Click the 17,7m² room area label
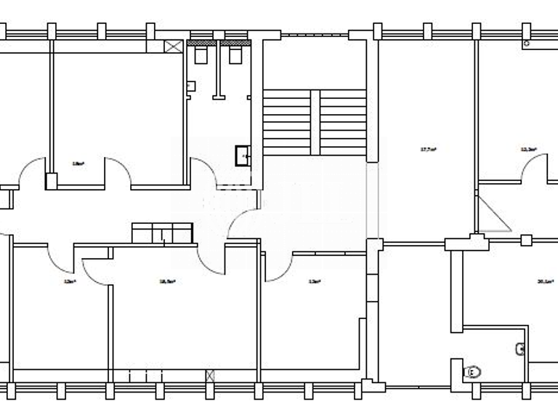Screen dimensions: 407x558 click(x=428, y=150)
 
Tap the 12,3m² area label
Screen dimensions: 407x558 click(x=528, y=150)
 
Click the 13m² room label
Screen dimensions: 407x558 click(x=314, y=281)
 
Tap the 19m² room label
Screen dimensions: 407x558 click(x=78, y=164)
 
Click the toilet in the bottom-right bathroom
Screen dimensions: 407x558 click(x=473, y=372)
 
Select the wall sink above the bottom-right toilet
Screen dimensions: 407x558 click(x=520, y=350)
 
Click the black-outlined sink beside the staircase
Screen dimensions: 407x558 click(x=243, y=155)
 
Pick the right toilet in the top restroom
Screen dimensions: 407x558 click(x=235, y=55)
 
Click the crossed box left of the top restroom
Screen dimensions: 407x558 click(x=174, y=47)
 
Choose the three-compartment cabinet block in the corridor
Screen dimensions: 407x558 click(x=162, y=233)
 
